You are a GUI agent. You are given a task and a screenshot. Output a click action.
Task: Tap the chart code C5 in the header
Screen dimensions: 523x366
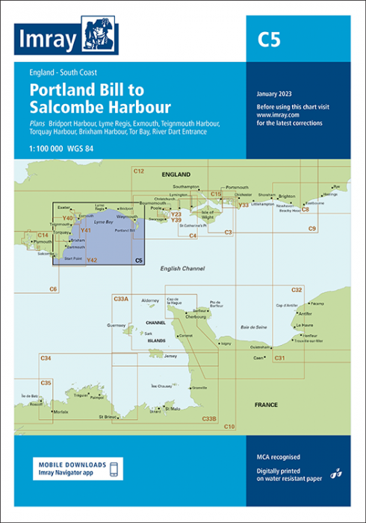click(270, 40)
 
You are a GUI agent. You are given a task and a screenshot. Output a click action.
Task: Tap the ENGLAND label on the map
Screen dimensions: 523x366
click(176, 174)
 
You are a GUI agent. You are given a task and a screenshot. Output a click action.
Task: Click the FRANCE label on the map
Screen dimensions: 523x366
click(266, 405)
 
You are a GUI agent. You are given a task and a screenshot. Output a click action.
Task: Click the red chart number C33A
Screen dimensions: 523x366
click(121, 299)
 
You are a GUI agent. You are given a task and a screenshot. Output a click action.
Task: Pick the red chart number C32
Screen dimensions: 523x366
click(297, 289)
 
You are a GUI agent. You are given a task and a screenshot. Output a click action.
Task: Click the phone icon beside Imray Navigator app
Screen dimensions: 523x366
click(113, 468)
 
